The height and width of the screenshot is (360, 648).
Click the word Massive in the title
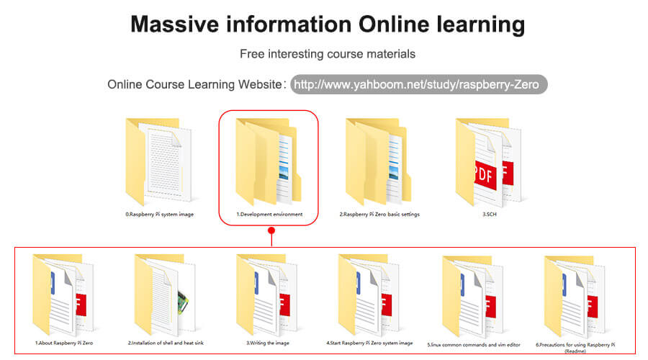point(174,24)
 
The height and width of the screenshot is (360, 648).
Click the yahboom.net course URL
point(417,85)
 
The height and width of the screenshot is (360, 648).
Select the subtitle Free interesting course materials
point(328,54)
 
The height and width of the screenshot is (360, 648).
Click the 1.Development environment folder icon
point(269,161)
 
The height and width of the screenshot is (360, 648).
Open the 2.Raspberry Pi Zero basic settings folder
point(379,161)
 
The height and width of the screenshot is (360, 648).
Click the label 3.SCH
point(490,214)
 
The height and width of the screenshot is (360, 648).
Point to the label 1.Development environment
point(269,214)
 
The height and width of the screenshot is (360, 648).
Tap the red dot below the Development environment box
point(271,230)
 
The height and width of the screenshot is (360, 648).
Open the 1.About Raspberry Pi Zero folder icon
point(63,294)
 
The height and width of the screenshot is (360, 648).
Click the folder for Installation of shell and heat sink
point(165,294)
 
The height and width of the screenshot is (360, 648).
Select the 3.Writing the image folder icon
point(267,294)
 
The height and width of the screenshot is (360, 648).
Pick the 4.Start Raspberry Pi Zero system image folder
point(369,294)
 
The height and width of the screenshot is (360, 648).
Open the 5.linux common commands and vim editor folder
point(473,296)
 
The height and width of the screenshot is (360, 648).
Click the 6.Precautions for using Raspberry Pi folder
point(575,296)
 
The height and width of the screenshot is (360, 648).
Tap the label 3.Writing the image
point(268,343)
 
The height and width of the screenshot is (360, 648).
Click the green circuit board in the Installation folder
point(183,302)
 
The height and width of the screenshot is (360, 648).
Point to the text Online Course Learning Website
point(194,85)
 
